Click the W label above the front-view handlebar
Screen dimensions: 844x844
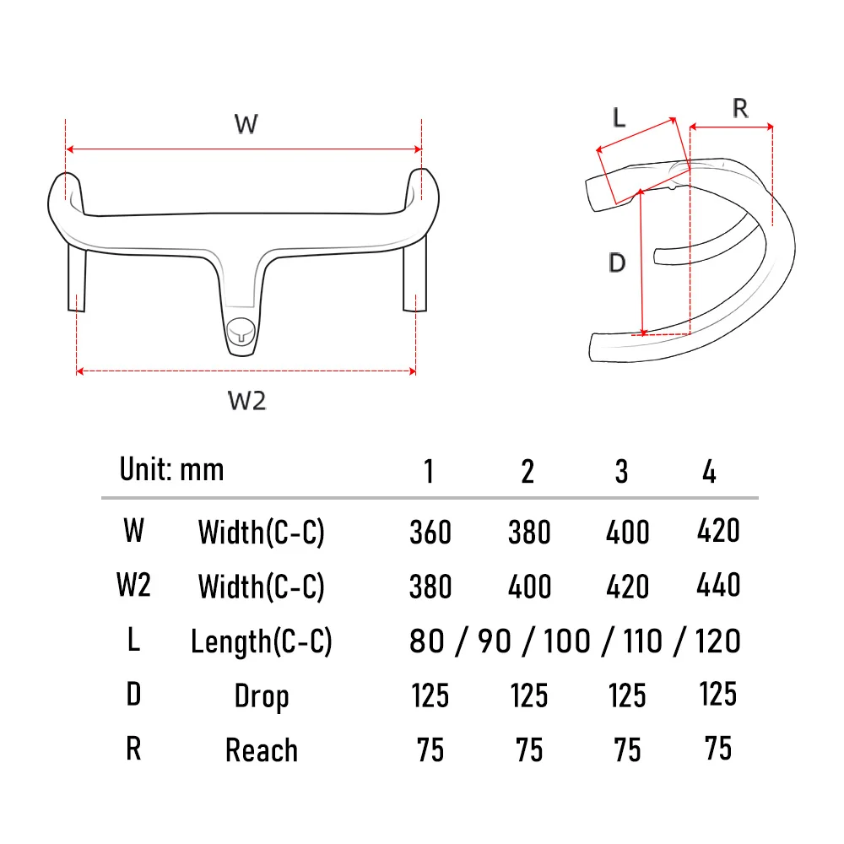(246, 124)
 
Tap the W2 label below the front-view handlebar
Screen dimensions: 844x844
(246, 401)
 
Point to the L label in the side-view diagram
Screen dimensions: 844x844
(619, 116)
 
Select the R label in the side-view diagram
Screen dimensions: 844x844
(740, 108)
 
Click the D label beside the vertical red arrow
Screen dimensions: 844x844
(617, 263)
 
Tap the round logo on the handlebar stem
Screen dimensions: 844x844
(241, 333)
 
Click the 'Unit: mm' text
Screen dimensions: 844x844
(171, 469)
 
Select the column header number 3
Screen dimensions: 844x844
(621, 472)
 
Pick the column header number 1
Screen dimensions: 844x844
(429, 472)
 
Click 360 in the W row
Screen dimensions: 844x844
(430, 533)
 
